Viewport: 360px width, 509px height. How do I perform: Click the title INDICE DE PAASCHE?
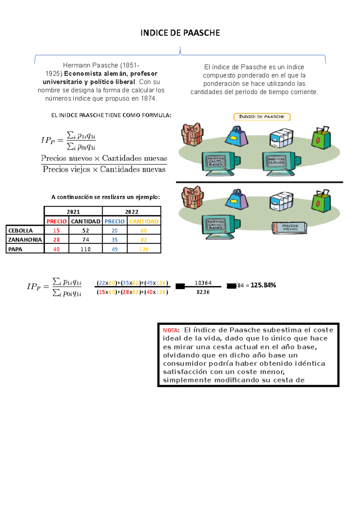180,33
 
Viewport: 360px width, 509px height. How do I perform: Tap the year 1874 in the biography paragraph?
148,99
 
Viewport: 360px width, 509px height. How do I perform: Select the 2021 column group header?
73,212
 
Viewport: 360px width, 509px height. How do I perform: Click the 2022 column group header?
131,212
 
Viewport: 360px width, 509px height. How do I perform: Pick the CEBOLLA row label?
20,231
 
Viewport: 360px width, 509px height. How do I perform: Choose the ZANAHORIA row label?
25,240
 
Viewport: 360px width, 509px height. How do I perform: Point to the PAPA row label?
15,249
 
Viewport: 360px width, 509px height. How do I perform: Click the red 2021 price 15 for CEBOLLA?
56,231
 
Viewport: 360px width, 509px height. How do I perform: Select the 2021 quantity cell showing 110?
85,249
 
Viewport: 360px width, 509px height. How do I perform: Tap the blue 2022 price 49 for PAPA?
115,249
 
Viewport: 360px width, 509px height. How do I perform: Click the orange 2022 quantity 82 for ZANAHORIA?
144,240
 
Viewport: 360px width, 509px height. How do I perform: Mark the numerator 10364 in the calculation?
203,283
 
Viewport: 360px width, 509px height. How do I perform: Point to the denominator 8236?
203,292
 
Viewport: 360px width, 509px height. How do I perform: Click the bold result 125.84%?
263,285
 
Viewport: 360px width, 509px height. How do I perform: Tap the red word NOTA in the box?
170,330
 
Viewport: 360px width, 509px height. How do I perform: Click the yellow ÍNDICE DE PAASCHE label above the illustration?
262,117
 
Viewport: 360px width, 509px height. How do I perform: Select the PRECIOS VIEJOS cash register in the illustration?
289,228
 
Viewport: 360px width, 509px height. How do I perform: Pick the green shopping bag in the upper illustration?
321,138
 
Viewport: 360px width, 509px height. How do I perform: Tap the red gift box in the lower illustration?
192,197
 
